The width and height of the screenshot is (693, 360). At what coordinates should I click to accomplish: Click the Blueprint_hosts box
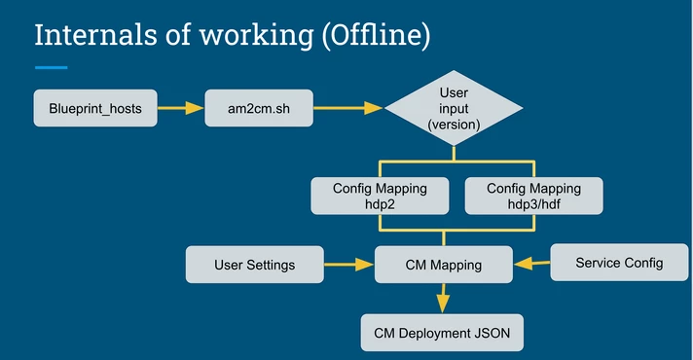(95, 108)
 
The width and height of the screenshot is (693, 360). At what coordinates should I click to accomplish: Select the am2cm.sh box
(259, 108)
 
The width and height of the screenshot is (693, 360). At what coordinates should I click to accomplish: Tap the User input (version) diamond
(454, 108)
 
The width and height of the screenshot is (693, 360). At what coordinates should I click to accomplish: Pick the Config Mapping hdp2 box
(381, 196)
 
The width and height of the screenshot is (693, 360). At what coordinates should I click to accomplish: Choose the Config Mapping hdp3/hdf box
(534, 196)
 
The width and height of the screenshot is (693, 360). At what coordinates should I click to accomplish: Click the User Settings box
(255, 265)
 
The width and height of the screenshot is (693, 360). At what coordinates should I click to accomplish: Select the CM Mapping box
(444, 265)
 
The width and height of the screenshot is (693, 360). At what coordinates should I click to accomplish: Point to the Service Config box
(619, 263)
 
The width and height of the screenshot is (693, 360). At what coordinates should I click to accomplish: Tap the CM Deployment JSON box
(442, 333)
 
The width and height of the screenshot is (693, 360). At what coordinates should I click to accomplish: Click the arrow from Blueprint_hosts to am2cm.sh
(181, 108)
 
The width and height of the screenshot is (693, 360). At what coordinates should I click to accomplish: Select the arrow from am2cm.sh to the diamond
(348, 108)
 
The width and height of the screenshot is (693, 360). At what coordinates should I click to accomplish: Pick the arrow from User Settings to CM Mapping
(349, 265)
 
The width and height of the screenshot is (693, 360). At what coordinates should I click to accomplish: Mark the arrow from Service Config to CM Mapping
(532, 264)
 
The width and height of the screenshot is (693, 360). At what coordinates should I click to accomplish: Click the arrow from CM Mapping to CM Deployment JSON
(443, 298)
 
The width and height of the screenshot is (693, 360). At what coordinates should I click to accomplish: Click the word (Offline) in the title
(376, 36)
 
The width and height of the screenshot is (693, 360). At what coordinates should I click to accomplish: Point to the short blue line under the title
(52, 67)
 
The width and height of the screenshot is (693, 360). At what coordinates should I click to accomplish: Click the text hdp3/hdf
(534, 204)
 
